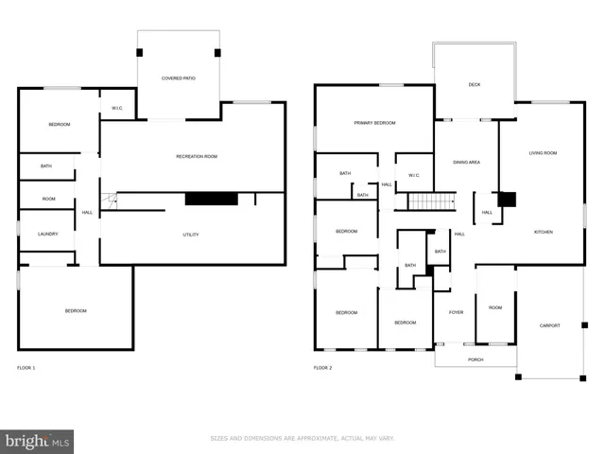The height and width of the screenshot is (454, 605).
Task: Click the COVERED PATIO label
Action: [178, 79]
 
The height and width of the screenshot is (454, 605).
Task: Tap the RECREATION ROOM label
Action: [197, 156]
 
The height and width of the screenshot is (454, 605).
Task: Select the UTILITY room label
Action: [191, 235]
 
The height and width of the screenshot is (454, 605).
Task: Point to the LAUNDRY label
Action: [48, 234]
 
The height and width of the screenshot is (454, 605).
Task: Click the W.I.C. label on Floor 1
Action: [117, 108]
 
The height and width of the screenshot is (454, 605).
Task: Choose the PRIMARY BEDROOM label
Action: [374, 123]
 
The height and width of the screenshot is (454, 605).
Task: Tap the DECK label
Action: [475, 85]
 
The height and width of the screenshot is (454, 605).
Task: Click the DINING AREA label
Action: [466, 162]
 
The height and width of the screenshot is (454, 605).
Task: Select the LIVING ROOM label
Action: [543, 152]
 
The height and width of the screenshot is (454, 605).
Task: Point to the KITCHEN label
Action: [543, 232]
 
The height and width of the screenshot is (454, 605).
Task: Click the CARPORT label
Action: [549, 325]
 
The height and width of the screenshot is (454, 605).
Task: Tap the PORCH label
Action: [475, 360]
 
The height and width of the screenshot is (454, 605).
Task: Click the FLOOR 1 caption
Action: [26, 367]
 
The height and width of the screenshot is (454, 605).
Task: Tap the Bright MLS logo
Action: [38, 441]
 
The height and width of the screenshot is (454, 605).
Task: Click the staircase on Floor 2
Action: [431, 201]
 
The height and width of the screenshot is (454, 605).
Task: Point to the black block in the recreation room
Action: [211, 199]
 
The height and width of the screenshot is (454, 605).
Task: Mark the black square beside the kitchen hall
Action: [507, 200]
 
